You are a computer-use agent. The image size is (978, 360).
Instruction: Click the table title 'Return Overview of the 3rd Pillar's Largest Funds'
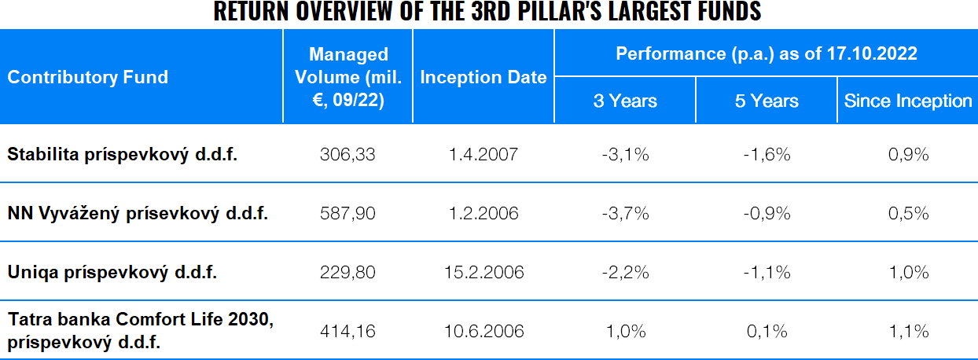pyautogui.click(x=487, y=13)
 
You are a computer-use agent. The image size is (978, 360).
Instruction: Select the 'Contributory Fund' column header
pyautogui.click(x=88, y=77)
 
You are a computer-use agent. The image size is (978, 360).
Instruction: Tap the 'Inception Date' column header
pyautogui.click(x=483, y=77)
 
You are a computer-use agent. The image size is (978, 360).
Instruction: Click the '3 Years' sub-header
pyautogui.click(x=625, y=101)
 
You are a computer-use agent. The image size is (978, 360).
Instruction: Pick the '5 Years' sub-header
pyautogui.click(x=767, y=101)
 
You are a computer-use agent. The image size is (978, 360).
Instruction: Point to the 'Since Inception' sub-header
pyautogui.click(x=908, y=101)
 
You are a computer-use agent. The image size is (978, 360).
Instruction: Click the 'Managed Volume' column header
pyautogui.click(x=348, y=77)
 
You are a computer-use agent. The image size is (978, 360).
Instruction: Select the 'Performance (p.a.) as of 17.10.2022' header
pyautogui.click(x=767, y=53)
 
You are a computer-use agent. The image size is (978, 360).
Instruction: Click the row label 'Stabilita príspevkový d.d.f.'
pyautogui.click(x=123, y=154)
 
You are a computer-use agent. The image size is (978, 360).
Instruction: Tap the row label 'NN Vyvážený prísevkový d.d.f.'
pyautogui.click(x=138, y=213)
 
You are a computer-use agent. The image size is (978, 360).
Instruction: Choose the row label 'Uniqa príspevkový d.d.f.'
pyautogui.click(x=112, y=272)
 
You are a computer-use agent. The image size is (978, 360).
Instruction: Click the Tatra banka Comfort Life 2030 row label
pyautogui.click(x=142, y=331)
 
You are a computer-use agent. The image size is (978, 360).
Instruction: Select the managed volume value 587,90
pyautogui.click(x=348, y=213)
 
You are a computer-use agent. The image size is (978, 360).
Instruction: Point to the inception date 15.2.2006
pyautogui.click(x=483, y=272)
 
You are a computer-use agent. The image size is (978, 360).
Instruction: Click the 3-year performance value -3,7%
pyautogui.click(x=625, y=213)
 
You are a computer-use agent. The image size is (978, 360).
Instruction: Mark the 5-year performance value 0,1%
pyautogui.click(x=767, y=331)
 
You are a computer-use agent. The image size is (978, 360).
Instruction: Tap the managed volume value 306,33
pyautogui.click(x=348, y=154)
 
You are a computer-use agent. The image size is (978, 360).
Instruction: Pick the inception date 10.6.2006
pyautogui.click(x=483, y=331)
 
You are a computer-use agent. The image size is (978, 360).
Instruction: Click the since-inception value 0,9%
pyautogui.click(x=908, y=154)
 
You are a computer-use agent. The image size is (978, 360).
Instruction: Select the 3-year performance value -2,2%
pyautogui.click(x=625, y=272)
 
